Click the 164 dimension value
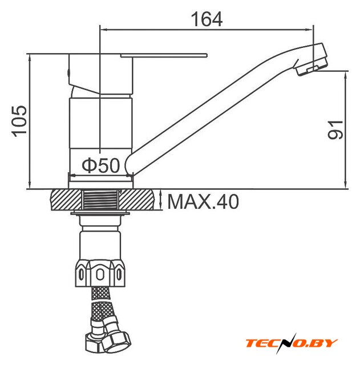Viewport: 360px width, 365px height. pyautogui.click(x=207, y=19)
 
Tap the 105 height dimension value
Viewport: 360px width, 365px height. pyautogui.click(x=19, y=121)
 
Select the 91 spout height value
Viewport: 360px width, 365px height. pyautogui.click(x=335, y=129)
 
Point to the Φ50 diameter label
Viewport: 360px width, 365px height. pyautogui.click(x=101, y=165)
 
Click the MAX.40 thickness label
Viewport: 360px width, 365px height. pyautogui.click(x=203, y=201)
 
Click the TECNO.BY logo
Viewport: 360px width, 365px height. pyautogui.click(x=292, y=343)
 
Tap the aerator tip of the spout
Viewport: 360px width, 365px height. pyautogui.click(x=311, y=59)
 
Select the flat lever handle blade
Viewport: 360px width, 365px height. pyautogui.click(x=164, y=55)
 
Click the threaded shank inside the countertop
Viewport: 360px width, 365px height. pyautogui.click(x=100, y=200)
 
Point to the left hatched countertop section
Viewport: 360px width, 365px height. pyautogui.click(x=66, y=200)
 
